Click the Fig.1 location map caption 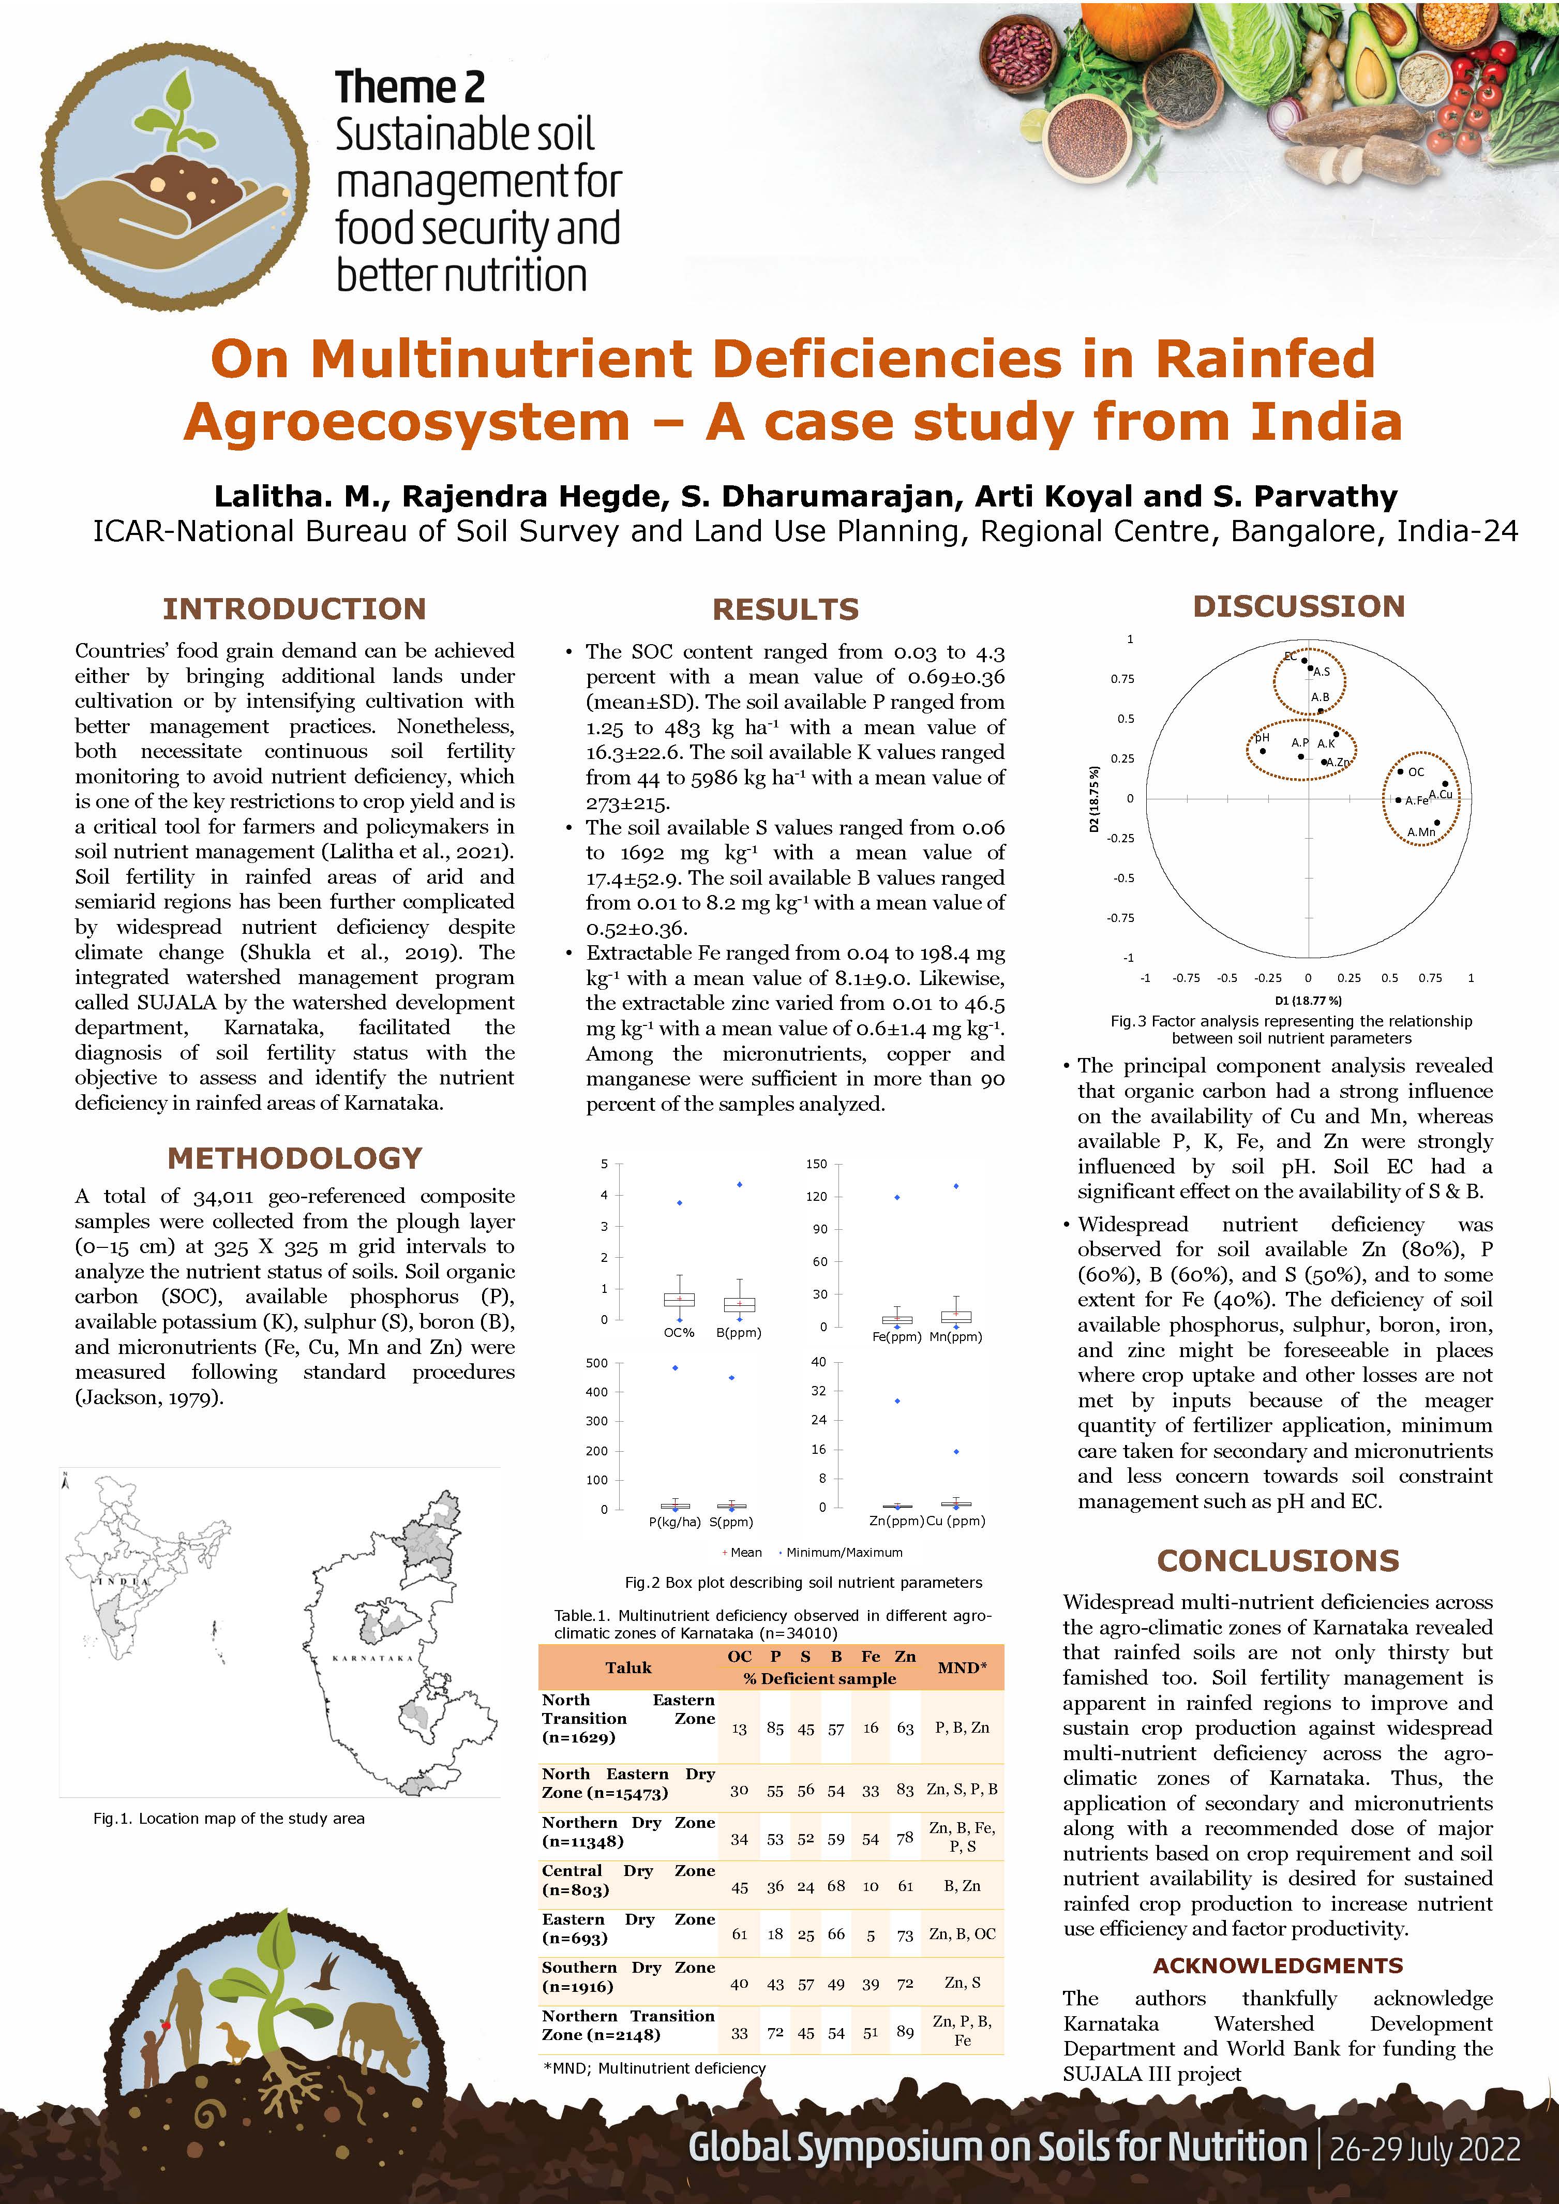(x=229, y=1818)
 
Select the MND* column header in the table (x=962, y=1667)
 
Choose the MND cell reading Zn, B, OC (x=962, y=1934)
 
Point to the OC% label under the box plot (x=679, y=1332)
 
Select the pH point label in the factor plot (x=1263, y=737)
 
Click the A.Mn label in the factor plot (x=1421, y=831)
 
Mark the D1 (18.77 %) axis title (x=1308, y=1000)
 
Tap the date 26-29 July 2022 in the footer (x=1425, y=2148)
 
